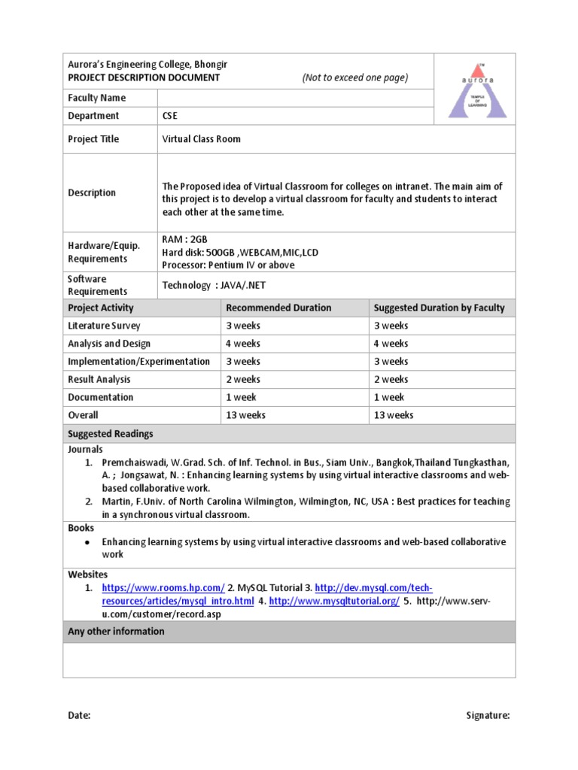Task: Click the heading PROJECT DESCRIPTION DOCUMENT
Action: (144, 77)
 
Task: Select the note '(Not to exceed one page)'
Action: (355, 77)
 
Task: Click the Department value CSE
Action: (171, 116)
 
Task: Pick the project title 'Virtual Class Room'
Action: (202, 139)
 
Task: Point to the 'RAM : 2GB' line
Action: (184, 239)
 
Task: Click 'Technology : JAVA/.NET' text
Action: (214, 285)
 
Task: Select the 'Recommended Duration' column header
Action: (278, 308)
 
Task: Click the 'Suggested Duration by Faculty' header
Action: (439, 308)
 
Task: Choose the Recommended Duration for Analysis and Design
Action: (243, 344)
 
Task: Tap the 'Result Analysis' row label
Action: (99, 380)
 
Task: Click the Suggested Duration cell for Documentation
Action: (389, 397)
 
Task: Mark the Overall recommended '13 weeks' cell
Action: (246, 415)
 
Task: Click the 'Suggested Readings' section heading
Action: (111, 434)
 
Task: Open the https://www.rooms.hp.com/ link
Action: (163, 587)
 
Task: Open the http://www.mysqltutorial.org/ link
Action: (334, 602)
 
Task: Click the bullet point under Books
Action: (88, 542)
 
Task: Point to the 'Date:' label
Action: (79, 716)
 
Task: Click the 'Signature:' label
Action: (488, 716)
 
